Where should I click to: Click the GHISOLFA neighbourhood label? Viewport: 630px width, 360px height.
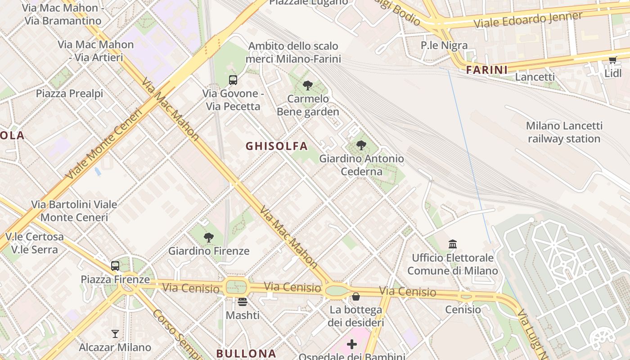point(276,146)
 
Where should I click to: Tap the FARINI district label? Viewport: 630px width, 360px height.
point(486,70)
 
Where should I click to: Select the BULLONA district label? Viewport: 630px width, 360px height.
point(246,354)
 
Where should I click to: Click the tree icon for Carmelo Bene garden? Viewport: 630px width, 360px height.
point(308,85)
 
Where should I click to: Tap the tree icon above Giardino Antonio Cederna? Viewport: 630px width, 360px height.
point(361,145)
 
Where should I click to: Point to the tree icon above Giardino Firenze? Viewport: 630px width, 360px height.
point(208,238)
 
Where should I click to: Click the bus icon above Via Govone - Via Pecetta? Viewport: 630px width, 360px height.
point(233,80)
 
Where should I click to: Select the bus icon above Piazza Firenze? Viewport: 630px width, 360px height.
point(115,266)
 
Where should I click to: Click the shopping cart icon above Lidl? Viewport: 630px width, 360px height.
point(612,60)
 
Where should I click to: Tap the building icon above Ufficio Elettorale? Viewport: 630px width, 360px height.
point(453,244)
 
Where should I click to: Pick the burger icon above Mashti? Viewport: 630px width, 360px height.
point(243,302)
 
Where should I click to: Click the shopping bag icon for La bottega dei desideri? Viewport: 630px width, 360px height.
point(355,297)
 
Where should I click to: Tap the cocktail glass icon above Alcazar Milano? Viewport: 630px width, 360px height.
point(115,334)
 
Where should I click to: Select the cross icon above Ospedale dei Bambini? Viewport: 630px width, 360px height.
point(352,345)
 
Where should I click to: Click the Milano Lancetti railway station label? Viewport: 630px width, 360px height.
point(564,132)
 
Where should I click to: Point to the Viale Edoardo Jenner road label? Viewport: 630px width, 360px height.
point(528,20)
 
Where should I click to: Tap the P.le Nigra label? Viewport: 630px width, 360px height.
point(444,45)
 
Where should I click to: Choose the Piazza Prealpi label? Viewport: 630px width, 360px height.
point(69,94)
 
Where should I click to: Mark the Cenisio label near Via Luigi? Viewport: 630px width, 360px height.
point(463,310)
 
